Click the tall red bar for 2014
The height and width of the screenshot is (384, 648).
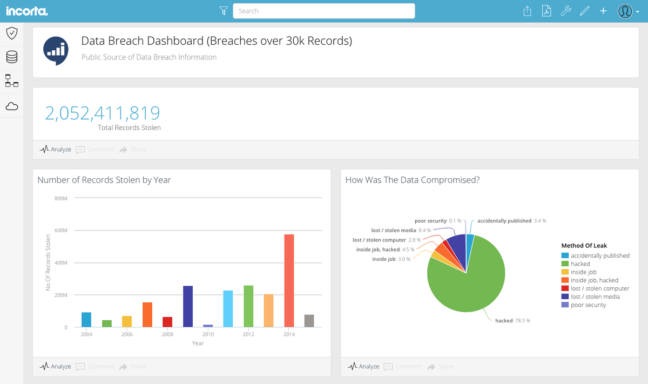click(289, 281)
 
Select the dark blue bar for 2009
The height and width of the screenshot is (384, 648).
click(188, 306)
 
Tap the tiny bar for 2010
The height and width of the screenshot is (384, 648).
click(208, 326)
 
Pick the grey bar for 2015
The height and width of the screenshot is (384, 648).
click(309, 321)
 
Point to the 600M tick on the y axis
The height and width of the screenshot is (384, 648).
click(61, 231)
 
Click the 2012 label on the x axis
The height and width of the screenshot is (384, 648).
click(248, 335)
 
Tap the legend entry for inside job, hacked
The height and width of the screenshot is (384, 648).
click(594, 280)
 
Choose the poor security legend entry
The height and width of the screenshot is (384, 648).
click(588, 305)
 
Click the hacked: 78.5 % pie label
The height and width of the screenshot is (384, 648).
click(512, 321)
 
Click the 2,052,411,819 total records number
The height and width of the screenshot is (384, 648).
click(103, 113)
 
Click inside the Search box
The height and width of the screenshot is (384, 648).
click(324, 11)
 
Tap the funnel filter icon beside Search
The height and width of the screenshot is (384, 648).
click(224, 11)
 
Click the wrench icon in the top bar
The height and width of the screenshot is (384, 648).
click(565, 11)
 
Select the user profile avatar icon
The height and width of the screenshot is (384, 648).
click(625, 11)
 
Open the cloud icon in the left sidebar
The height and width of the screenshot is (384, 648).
click(11, 106)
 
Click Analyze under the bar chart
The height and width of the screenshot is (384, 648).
click(56, 366)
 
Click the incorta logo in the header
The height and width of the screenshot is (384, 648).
click(27, 11)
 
